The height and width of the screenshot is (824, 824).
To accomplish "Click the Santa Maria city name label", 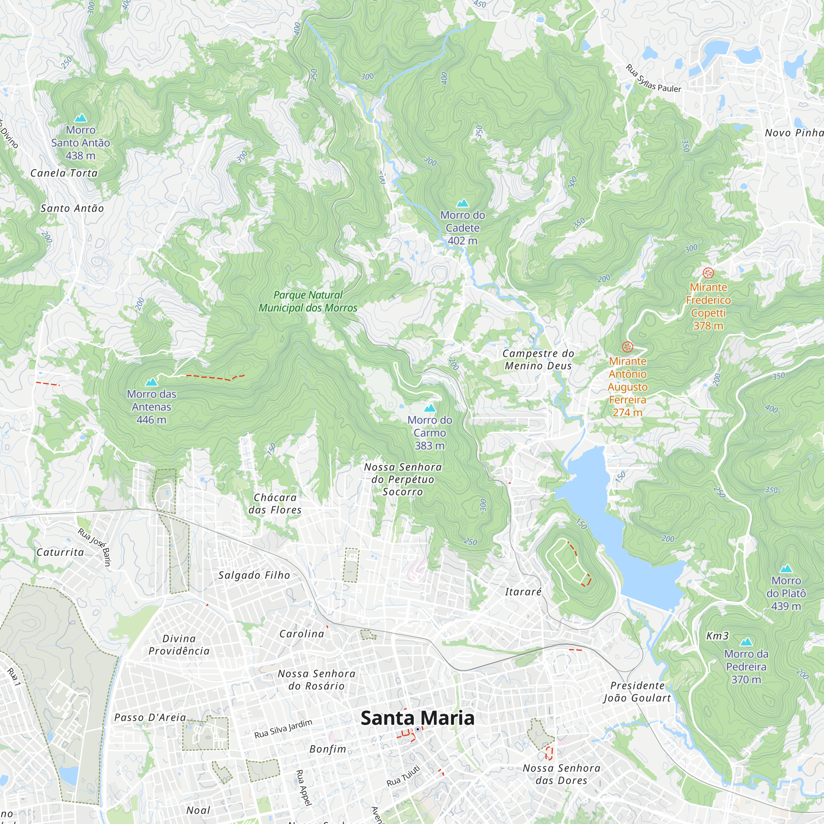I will point(417,718).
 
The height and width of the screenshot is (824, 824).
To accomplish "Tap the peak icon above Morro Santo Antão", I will point(80,118).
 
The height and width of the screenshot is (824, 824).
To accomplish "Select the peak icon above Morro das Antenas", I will point(151,382).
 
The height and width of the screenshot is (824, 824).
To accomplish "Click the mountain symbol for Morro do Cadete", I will point(462,203).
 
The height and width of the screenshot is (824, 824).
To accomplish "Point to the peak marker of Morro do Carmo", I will point(429,408).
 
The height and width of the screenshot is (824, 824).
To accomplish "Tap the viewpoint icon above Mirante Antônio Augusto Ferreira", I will point(627,346).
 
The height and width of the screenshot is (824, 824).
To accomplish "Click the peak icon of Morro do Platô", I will point(786,569).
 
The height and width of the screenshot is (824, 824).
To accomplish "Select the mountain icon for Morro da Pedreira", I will point(746,642).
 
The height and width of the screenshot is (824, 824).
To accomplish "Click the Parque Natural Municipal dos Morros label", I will point(308,301).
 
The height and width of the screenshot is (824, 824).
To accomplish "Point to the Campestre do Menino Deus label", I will point(538,359).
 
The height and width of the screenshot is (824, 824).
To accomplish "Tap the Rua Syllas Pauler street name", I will point(653,80).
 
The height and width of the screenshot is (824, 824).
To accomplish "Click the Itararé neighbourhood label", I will point(523,592).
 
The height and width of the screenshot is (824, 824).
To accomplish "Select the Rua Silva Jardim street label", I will point(283,729).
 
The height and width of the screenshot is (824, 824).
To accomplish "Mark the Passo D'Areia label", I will point(150,717).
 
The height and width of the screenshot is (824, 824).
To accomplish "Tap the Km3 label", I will point(717,636).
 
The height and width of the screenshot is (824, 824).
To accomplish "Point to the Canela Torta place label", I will point(64,173).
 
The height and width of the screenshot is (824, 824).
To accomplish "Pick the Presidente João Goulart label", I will point(637,691).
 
